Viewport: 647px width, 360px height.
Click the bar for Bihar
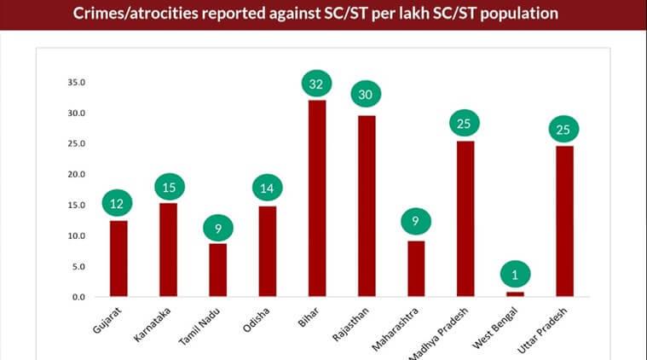pos(317,198)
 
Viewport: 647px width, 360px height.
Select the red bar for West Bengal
pos(514,293)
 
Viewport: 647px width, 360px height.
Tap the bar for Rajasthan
pos(367,206)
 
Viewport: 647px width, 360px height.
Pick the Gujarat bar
pos(118,258)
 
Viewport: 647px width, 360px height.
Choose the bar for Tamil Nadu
pos(218,270)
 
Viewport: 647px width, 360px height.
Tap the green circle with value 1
pos(515,274)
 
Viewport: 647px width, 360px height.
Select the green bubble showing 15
pos(168,187)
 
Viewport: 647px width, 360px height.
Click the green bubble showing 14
pos(267,189)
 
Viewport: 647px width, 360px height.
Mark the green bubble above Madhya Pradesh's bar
pos(465,124)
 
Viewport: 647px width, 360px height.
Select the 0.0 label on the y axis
pos(78,297)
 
